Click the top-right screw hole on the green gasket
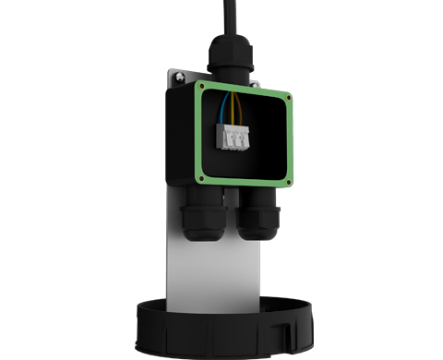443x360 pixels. [x=290, y=96]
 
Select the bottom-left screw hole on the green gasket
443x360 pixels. [x=202, y=173]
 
